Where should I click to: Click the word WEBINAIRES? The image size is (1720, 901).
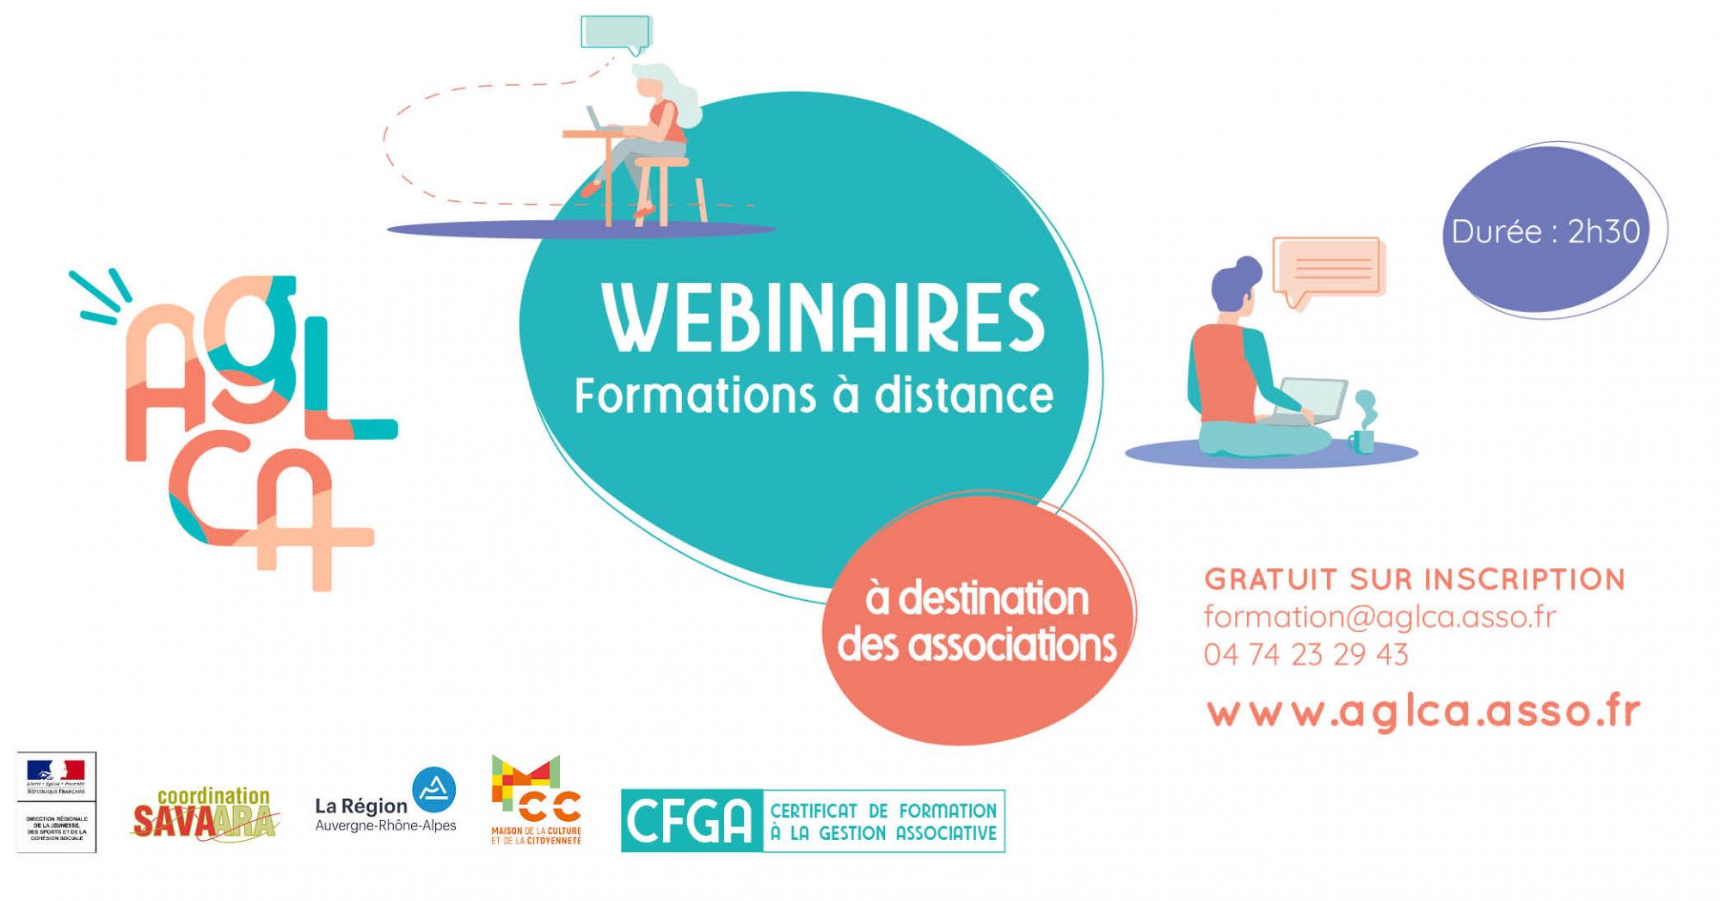tap(824, 317)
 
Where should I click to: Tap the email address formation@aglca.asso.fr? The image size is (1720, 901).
tap(1379, 616)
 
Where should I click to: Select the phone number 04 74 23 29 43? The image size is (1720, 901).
tap(1305, 654)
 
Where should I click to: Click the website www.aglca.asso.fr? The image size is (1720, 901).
tap(1423, 713)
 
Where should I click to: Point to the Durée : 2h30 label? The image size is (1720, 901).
tap(1545, 231)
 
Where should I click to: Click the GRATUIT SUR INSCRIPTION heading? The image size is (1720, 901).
tap(1415, 579)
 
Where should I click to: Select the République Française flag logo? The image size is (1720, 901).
tap(57, 801)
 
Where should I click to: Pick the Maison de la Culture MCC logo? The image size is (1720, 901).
tap(535, 800)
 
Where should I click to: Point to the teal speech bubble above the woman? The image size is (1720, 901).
tap(616, 33)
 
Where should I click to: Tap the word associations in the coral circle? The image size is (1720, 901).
tap(1011, 646)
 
